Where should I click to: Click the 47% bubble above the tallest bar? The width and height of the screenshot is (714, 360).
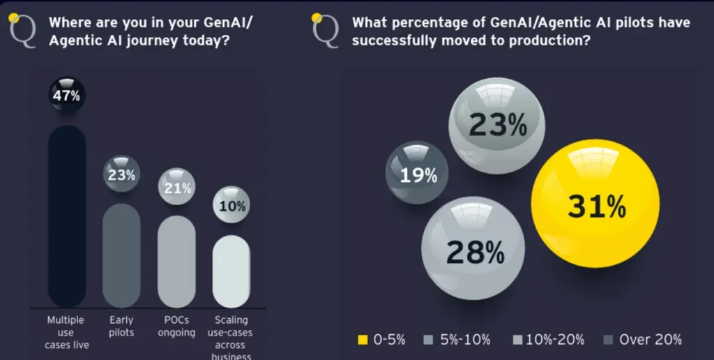click(x=67, y=96)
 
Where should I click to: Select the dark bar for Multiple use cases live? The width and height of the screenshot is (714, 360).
click(x=67, y=216)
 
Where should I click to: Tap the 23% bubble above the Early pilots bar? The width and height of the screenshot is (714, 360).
click(x=121, y=174)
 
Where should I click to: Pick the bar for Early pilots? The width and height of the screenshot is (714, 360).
click(x=121, y=255)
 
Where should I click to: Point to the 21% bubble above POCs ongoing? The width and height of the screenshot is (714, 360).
click(x=176, y=187)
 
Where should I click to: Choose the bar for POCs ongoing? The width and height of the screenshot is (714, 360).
click(x=176, y=262)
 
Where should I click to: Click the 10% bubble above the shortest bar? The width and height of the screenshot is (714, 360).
click(x=231, y=205)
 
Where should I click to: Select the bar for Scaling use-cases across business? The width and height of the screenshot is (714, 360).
click(x=231, y=271)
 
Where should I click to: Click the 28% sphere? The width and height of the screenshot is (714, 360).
click(x=473, y=248)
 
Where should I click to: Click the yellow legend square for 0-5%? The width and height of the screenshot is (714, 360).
click(x=361, y=340)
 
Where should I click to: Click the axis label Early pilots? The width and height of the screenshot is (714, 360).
click(x=121, y=326)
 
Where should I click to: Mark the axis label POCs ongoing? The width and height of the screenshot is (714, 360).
click(x=176, y=326)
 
